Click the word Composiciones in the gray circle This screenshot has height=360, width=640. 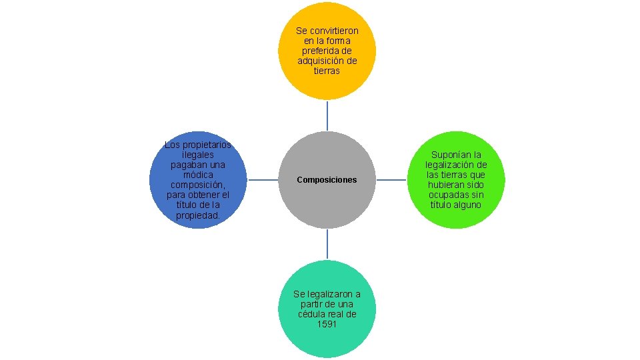[x=327, y=180]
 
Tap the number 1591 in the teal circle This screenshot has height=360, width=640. [x=327, y=324]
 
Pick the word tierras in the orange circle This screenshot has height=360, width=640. [x=327, y=71]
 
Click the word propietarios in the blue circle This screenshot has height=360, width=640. [x=205, y=145]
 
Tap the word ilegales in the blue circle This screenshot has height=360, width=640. [x=198, y=155]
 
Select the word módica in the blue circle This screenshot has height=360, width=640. [x=198, y=175]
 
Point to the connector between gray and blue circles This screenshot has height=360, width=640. [x=262, y=180]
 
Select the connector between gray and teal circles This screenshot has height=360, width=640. [x=327, y=244]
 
